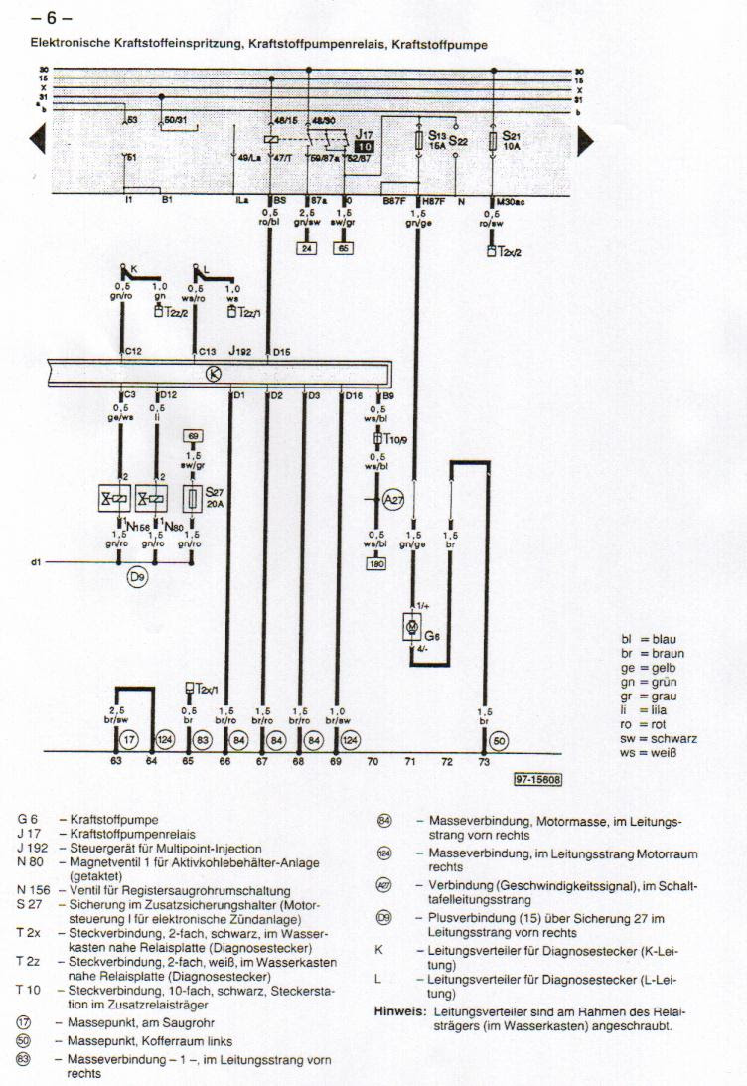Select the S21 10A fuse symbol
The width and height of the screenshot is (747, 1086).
(494, 142)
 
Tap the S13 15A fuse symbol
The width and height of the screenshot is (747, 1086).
(420, 141)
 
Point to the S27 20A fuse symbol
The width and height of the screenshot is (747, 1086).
(193, 497)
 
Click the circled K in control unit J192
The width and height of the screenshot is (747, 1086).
(212, 374)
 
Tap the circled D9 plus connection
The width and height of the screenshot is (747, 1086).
(138, 576)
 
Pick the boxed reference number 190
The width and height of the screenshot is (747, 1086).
(375, 564)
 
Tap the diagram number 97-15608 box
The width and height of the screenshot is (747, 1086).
(538, 780)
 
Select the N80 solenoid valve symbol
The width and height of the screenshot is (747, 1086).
(153, 497)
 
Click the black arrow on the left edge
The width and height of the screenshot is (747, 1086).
(39, 142)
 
